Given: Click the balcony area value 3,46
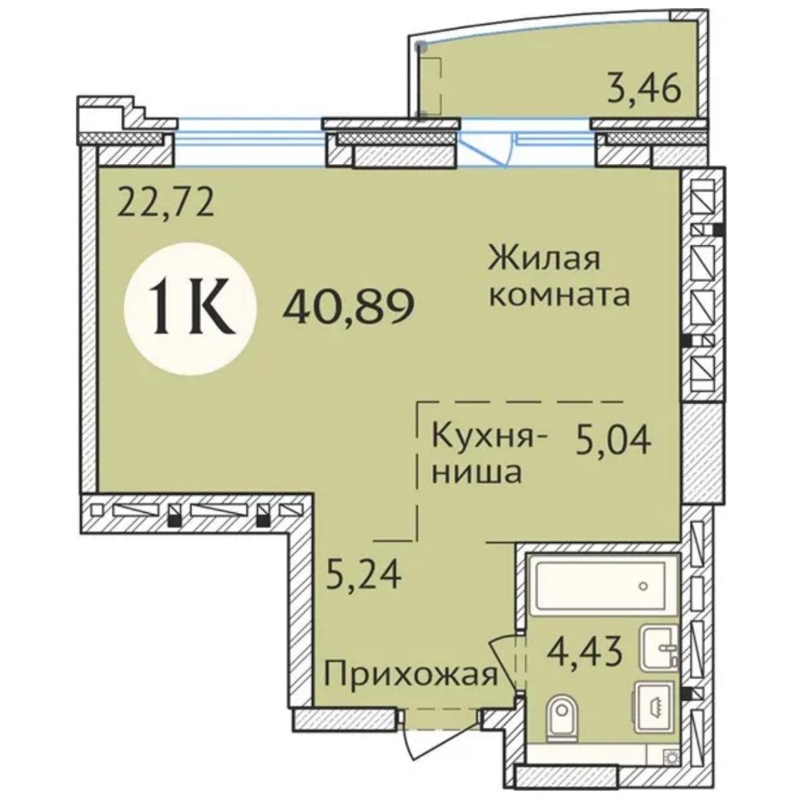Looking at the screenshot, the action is pos(645,89).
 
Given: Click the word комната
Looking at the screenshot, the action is pos(559,295).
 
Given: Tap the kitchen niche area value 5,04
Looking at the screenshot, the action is pos(614,440).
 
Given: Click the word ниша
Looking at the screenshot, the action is pos(476,473).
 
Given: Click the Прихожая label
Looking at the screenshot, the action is pos(410,674).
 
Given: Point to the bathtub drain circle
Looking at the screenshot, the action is pos(643,586).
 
